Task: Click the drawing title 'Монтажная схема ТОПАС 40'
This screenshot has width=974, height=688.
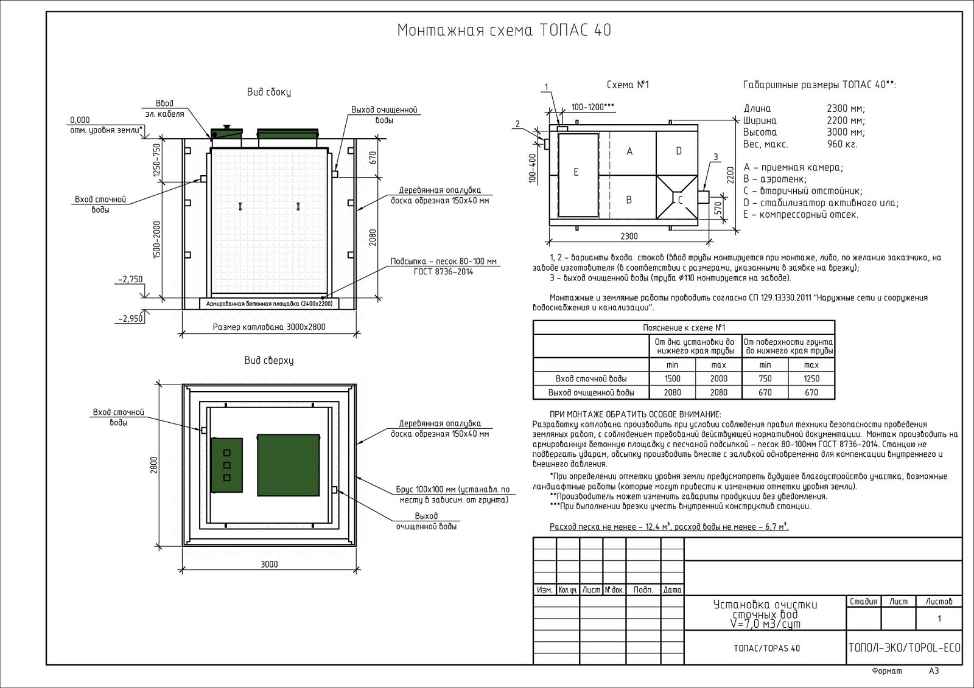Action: click(x=504, y=30)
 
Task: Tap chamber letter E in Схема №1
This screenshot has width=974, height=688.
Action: click(x=576, y=172)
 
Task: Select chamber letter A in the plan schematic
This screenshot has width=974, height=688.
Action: click(x=629, y=151)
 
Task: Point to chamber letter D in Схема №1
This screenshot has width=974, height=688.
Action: click(x=679, y=151)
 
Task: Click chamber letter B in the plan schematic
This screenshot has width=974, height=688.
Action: click(x=629, y=200)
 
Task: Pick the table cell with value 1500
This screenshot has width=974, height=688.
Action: click(x=673, y=378)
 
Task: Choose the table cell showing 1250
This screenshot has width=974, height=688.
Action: click(x=811, y=378)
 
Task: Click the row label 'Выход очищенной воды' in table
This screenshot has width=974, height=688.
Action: click(x=591, y=392)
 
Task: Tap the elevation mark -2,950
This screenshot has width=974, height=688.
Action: click(x=130, y=318)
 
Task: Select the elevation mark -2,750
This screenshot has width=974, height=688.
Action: click(x=131, y=280)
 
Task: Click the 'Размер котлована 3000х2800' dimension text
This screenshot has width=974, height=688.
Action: click(x=269, y=327)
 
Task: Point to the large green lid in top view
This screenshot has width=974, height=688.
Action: click(x=288, y=465)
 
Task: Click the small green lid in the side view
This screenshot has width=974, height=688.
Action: click(x=226, y=133)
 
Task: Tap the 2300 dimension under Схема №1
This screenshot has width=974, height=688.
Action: click(x=629, y=236)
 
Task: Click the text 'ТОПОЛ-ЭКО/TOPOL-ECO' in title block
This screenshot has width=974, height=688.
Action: click(x=904, y=648)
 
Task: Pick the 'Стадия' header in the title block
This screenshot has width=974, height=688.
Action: click(x=863, y=602)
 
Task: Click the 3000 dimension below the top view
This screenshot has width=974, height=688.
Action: click(x=269, y=564)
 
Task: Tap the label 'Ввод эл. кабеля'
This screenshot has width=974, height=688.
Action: click(x=164, y=109)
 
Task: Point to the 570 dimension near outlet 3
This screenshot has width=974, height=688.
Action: click(x=717, y=208)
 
